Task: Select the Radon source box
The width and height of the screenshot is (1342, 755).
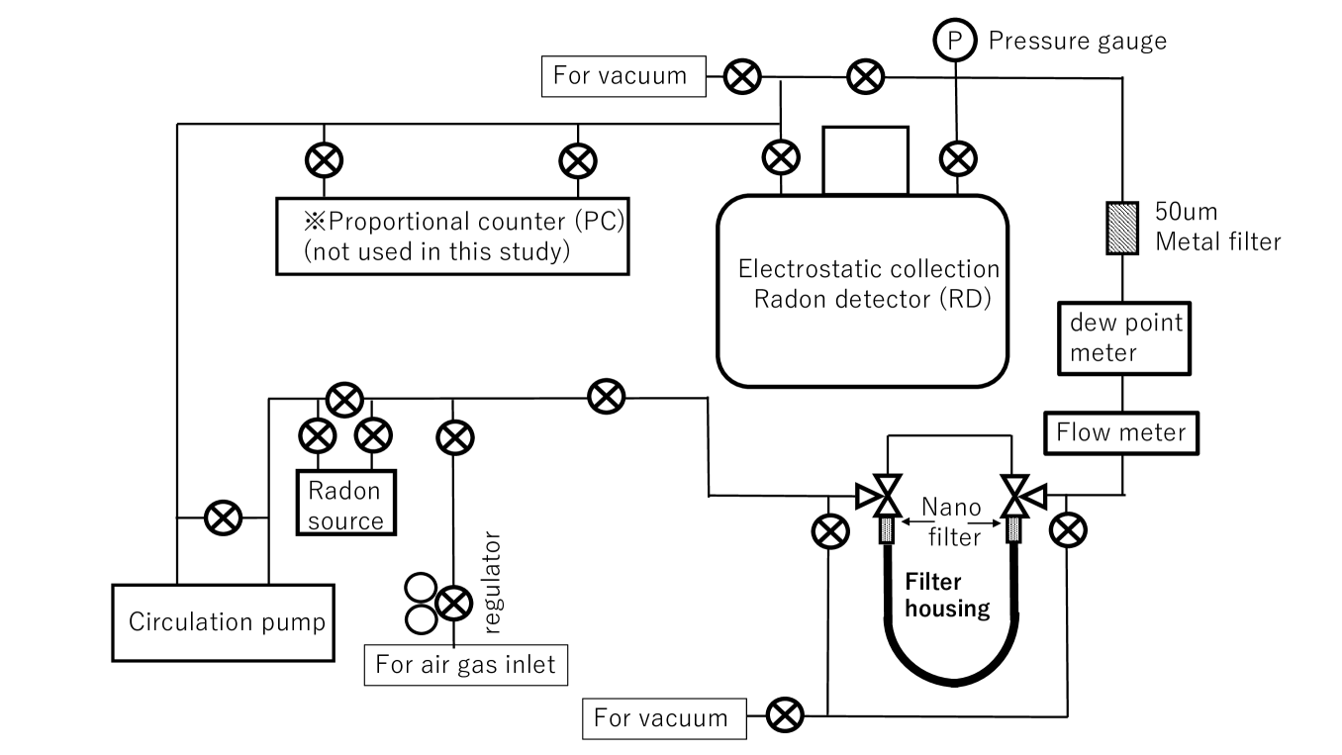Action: click(345, 503)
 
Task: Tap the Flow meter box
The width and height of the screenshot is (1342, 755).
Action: click(1121, 432)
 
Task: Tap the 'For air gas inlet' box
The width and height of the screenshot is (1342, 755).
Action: click(467, 664)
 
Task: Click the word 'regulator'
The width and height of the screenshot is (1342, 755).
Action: click(495, 583)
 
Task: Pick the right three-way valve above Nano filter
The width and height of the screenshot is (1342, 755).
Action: click(1016, 493)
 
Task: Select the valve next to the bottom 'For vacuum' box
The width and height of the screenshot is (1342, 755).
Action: click(786, 712)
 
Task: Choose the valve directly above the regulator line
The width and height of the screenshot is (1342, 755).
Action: click(454, 435)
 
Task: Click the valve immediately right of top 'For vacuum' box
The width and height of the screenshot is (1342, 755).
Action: click(740, 75)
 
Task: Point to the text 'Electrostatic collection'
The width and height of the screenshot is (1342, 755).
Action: click(869, 269)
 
